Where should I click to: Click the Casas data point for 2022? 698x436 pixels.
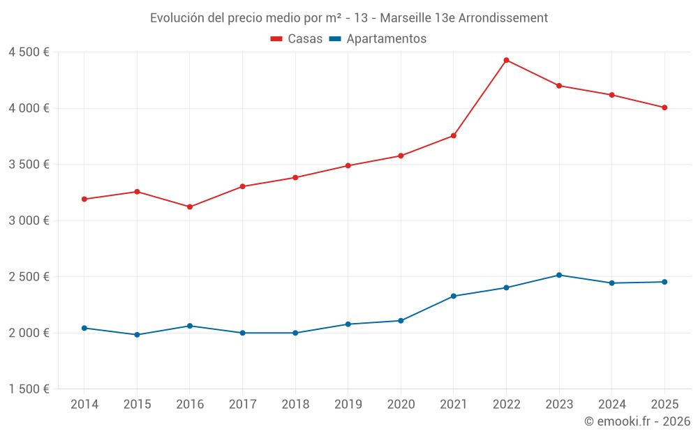coord(506,60)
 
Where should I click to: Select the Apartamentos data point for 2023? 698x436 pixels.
coord(559,275)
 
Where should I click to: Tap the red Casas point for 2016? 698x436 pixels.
coord(190,206)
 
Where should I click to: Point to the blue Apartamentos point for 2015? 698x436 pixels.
coord(137,335)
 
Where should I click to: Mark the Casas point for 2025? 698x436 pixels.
coord(664,107)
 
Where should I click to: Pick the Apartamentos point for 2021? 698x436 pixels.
coord(454,296)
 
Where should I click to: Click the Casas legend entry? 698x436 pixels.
coord(297,39)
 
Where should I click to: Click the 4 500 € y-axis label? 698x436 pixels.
coord(29,52)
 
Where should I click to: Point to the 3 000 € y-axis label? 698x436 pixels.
coord(29,220)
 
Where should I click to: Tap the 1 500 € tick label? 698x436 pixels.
coord(29,389)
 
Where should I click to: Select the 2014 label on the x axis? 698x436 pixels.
coord(84,405)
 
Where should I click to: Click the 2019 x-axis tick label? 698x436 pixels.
coord(348,405)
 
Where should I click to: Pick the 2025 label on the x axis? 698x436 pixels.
coord(664,405)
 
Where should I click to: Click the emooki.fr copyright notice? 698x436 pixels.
coord(637,421)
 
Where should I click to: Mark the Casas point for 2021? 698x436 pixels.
coord(454,135)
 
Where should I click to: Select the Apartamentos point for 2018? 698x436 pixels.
coord(295,333)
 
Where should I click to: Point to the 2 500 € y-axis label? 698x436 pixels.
coord(29,277)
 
